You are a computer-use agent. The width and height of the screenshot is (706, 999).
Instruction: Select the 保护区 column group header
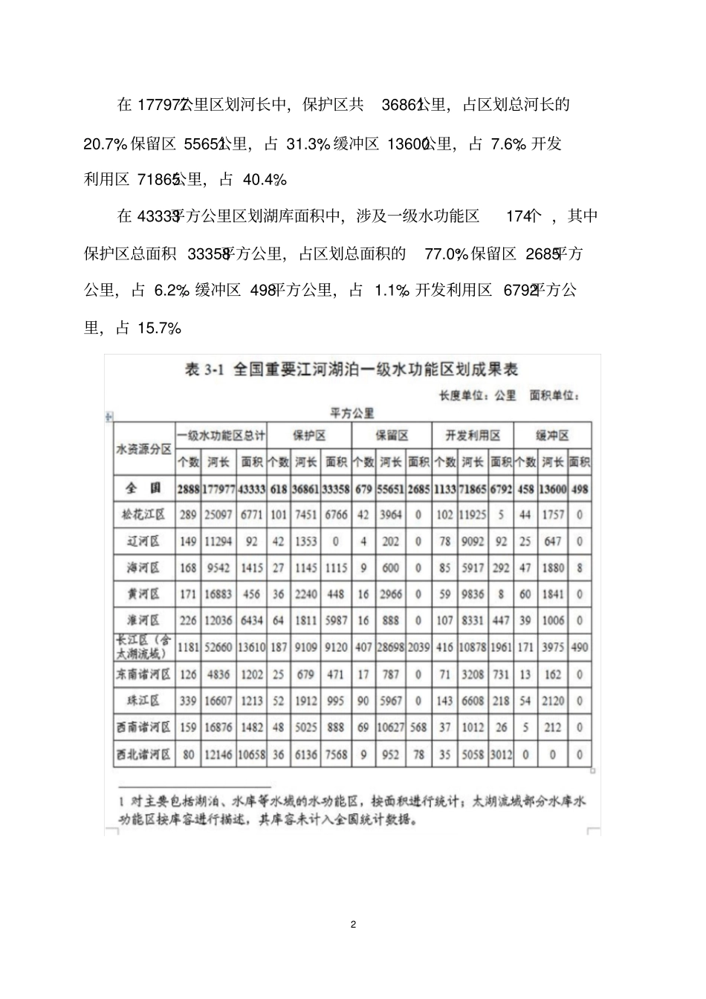308,436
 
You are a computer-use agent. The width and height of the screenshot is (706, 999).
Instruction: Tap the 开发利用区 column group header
473,436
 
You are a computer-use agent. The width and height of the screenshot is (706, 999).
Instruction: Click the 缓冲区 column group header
552,436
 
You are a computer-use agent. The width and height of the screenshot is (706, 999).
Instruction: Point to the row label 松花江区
143,514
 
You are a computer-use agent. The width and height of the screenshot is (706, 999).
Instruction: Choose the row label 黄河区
143,594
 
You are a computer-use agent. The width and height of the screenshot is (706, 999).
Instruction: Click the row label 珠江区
143,700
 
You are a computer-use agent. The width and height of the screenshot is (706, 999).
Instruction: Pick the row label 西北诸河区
143,754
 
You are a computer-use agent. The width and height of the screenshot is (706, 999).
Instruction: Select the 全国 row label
143,488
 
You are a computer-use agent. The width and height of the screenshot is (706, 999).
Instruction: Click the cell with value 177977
218,488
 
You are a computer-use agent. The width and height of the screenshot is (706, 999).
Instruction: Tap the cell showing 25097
218,514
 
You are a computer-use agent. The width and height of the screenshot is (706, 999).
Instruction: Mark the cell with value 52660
218,647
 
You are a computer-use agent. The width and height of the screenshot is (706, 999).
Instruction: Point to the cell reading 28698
390,647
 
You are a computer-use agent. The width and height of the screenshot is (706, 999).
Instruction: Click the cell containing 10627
390,728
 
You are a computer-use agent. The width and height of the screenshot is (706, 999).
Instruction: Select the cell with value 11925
473,514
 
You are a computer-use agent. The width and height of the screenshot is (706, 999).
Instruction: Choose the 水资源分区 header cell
143,449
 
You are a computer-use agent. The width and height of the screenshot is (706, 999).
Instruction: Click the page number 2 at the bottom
353,925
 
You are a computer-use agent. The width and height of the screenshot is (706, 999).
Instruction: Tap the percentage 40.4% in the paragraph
265,179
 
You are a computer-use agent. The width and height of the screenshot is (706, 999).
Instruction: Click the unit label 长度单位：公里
477,395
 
